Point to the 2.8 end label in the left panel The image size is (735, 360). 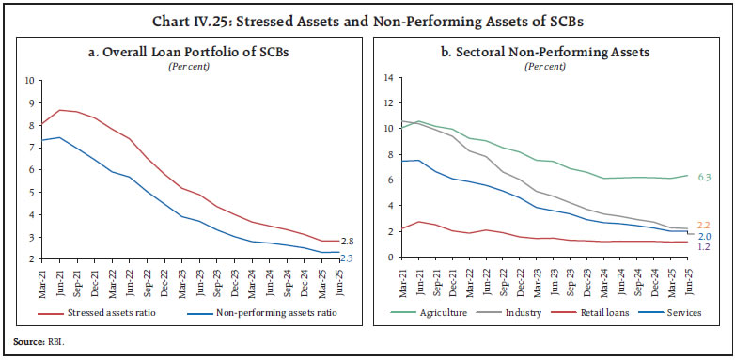[348, 242]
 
